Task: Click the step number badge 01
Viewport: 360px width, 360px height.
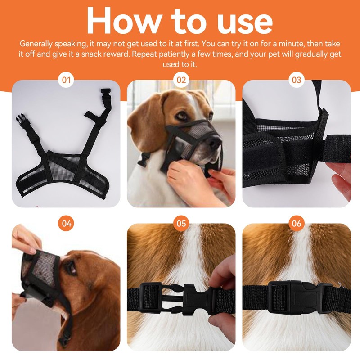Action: tap(66, 81)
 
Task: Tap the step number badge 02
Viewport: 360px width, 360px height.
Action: tap(181, 81)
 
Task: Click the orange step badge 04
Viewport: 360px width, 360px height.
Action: tap(66, 223)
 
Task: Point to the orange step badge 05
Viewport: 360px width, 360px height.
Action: tap(181, 223)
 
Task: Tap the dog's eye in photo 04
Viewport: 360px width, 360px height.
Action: tap(71, 269)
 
